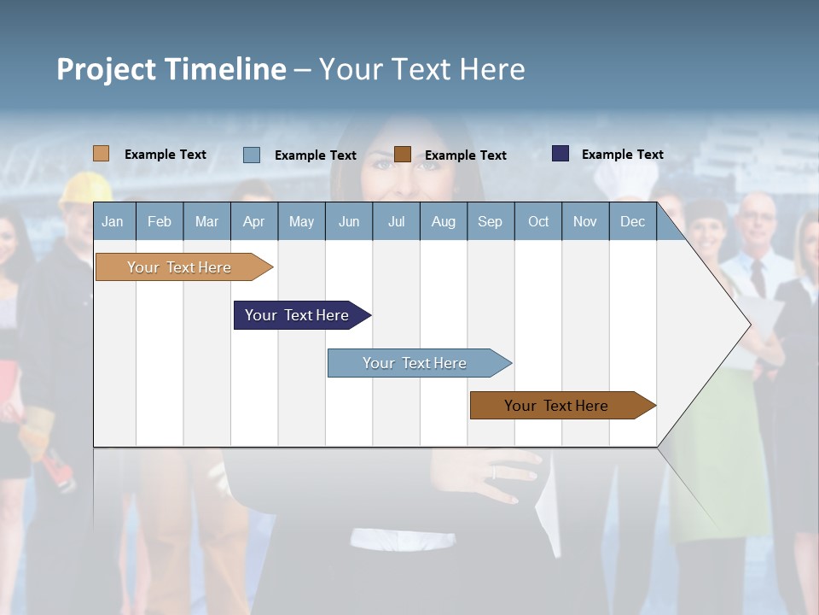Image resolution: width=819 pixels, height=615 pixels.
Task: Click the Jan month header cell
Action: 113,221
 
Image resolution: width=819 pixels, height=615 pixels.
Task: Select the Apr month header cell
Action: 254,221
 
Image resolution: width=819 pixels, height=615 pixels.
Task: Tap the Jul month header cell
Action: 396,221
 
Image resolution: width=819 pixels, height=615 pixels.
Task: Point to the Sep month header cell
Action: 491,221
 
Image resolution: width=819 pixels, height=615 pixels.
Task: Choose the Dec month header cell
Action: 632,221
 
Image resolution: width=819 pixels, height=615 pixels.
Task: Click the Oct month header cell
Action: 538,221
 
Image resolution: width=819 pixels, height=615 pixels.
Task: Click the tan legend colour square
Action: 101,154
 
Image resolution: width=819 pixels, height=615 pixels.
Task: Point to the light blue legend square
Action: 251,155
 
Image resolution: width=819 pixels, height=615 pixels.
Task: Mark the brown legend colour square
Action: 403,155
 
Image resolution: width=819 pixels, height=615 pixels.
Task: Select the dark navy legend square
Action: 561,154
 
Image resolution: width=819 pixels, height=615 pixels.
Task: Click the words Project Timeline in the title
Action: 171,69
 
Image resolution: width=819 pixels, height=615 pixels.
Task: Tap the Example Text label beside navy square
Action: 622,155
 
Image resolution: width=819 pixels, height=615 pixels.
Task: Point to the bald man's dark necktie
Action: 758,278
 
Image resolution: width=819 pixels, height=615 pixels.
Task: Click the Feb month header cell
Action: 160,221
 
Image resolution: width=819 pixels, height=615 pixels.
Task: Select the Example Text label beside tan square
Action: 166,155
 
